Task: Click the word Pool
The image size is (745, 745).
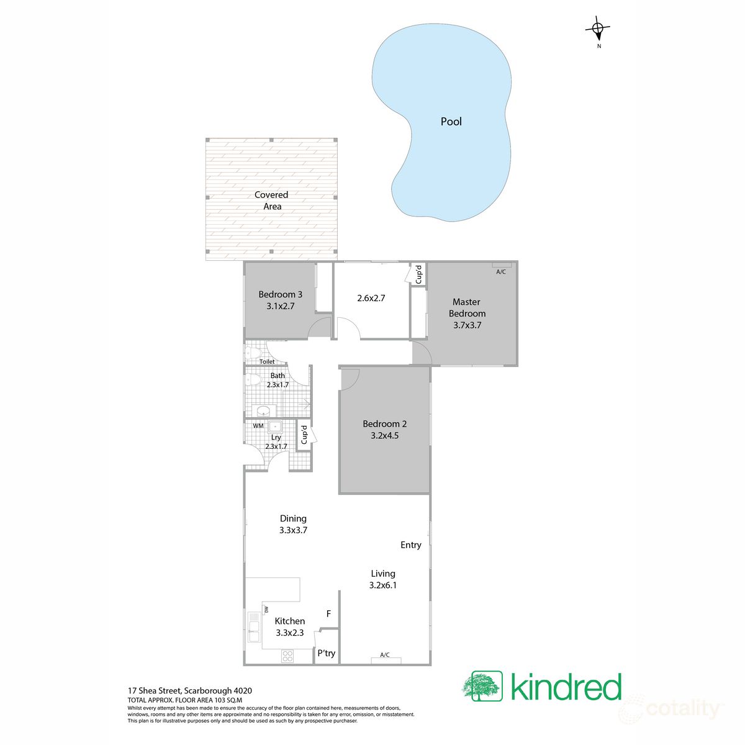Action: (451, 122)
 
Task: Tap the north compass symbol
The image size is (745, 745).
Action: (598, 29)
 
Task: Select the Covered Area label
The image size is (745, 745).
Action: (272, 201)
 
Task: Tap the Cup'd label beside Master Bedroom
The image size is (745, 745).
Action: (418, 274)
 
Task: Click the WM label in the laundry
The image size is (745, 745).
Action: (258, 426)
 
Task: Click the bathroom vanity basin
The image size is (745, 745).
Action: (264, 410)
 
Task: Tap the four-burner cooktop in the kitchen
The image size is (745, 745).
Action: (287, 656)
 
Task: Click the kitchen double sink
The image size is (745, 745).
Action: (254, 627)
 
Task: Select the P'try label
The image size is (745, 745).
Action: (326, 653)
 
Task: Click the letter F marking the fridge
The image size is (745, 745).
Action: (328, 614)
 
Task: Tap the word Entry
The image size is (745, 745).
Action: (410, 545)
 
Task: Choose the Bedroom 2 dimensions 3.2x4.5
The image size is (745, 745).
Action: (385, 436)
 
